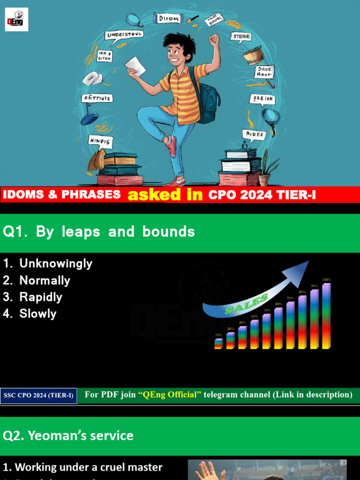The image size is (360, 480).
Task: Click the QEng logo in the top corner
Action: (x=16, y=20)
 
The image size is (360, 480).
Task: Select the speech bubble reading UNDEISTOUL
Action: (x=125, y=35)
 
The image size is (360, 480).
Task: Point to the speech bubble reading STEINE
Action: (x=241, y=37)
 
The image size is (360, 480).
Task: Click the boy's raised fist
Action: (x=214, y=40)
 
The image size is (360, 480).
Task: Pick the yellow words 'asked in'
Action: (x=165, y=195)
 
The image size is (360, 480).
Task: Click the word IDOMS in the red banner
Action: (x=22, y=195)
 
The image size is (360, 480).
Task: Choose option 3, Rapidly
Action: (x=40, y=297)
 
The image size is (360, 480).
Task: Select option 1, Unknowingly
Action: (x=55, y=263)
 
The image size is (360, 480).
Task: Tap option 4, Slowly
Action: (x=37, y=314)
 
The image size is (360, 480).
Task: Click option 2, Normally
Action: (x=45, y=280)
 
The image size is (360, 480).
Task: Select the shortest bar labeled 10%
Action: (x=218, y=344)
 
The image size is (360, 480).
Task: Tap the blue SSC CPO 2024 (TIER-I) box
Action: (x=38, y=396)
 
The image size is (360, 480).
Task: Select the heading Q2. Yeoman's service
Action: (x=68, y=435)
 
